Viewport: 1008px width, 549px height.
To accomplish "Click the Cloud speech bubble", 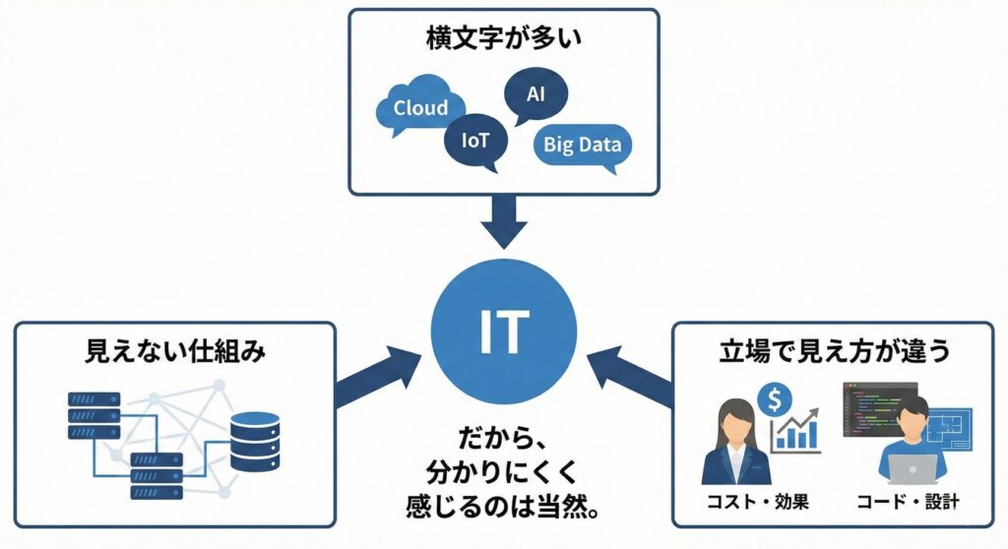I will [419, 108].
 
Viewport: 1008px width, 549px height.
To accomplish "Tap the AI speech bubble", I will [535, 95].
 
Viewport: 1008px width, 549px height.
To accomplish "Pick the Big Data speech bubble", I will [583, 146].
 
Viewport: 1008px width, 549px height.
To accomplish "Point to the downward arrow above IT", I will [504, 222].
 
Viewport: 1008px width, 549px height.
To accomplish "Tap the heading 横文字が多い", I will [503, 40].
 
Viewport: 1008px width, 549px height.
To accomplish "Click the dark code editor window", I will [878, 407].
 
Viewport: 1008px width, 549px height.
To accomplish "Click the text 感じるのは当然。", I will [504, 509].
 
